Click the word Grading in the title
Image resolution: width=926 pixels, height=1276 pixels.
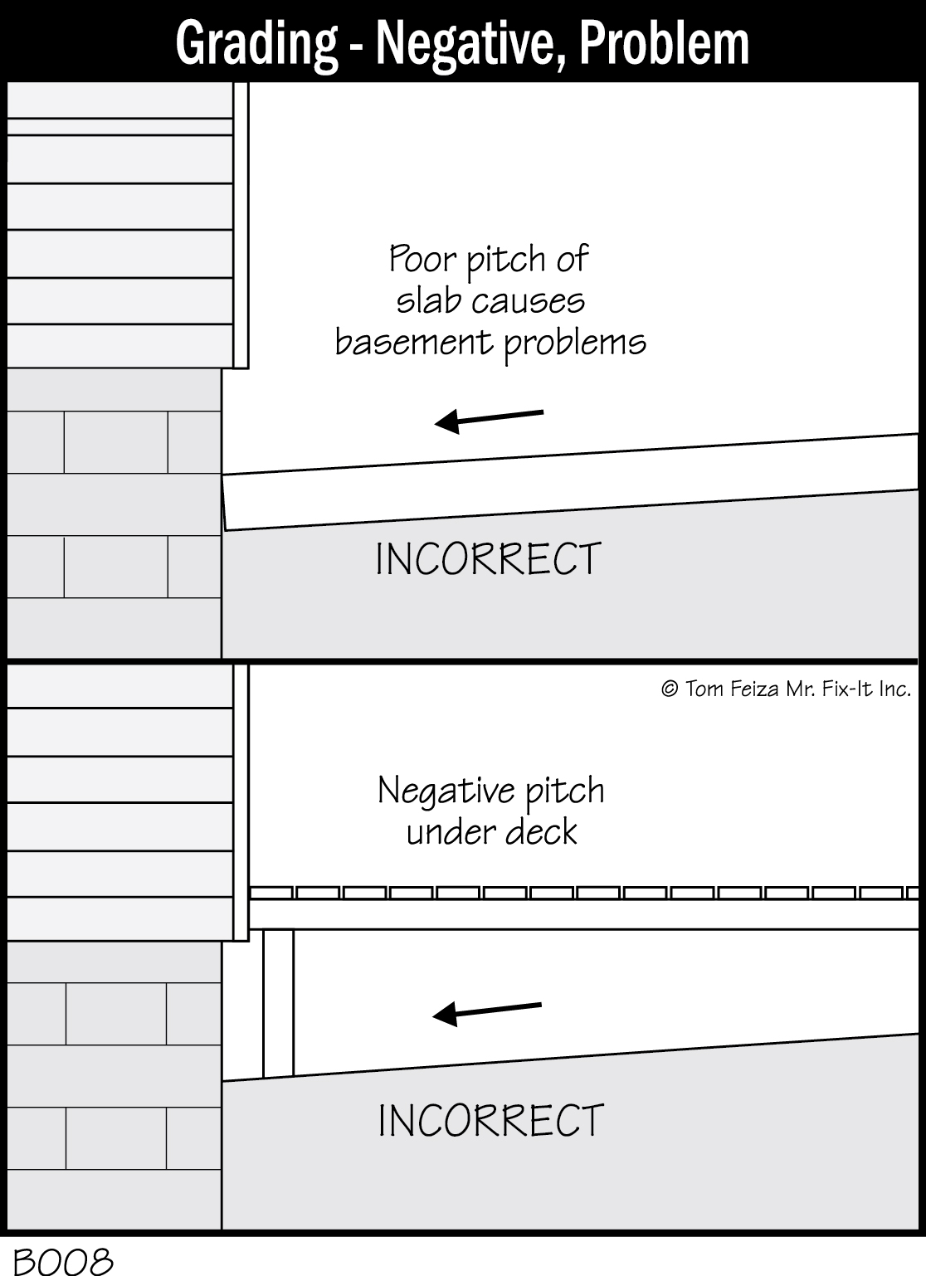256,43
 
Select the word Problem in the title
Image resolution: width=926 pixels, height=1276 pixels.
665,43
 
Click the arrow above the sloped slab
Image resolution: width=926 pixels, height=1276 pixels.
490,418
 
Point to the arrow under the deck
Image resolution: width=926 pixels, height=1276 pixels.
488,1011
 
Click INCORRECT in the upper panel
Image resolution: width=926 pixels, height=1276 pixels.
488,559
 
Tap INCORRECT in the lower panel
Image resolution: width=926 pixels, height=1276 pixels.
490,1121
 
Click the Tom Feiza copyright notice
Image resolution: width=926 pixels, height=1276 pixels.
785,688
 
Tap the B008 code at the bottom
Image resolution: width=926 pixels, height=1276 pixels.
63,1262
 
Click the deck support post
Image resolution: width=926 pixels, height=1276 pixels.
278,1003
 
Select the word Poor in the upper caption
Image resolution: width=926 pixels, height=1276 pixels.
422,260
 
